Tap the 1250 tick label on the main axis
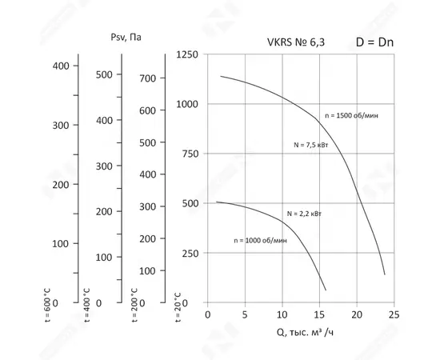pyautogui.click(x=186, y=54)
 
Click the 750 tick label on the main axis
pyautogui.click(x=189, y=154)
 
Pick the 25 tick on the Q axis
pyautogui.click(x=394, y=315)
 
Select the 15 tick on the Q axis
pyautogui.click(x=319, y=315)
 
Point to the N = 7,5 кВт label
pyautogui.click(x=312, y=145)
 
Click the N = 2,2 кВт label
pyautogui.click(x=304, y=214)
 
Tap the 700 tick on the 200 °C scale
pyautogui.click(x=146, y=78)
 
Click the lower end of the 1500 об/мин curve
pyautogui.click(x=384, y=274)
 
